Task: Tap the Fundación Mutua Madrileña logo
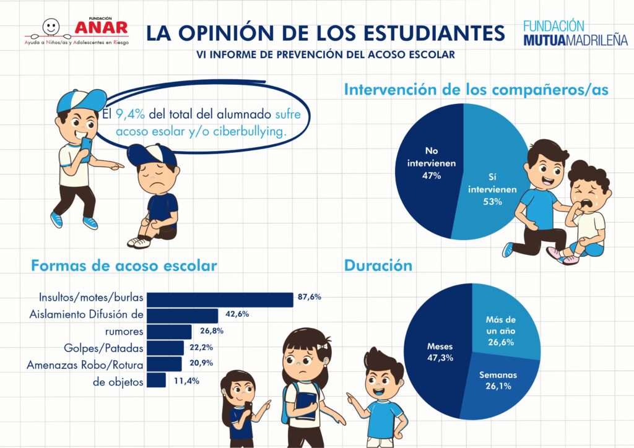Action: tap(575, 33)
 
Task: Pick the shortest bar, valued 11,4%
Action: tap(158, 380)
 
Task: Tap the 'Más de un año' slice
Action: tap(505, 328)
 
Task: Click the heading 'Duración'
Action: tap(378, 265)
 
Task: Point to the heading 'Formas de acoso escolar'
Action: tap(124, 266)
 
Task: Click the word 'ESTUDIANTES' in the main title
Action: tap(424, 32)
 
